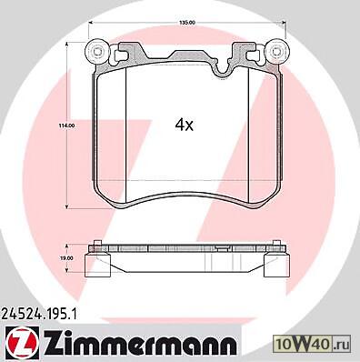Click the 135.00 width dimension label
click(x=187, y=22)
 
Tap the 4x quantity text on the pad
click(x=185, y=125)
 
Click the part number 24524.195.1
click(x=40, y=315)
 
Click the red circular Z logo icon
click(x=23, y=344)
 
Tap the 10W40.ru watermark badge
click(x=312, y=345)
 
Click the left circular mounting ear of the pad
click(x=97, y=51)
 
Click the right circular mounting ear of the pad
click(x=275, y=51)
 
